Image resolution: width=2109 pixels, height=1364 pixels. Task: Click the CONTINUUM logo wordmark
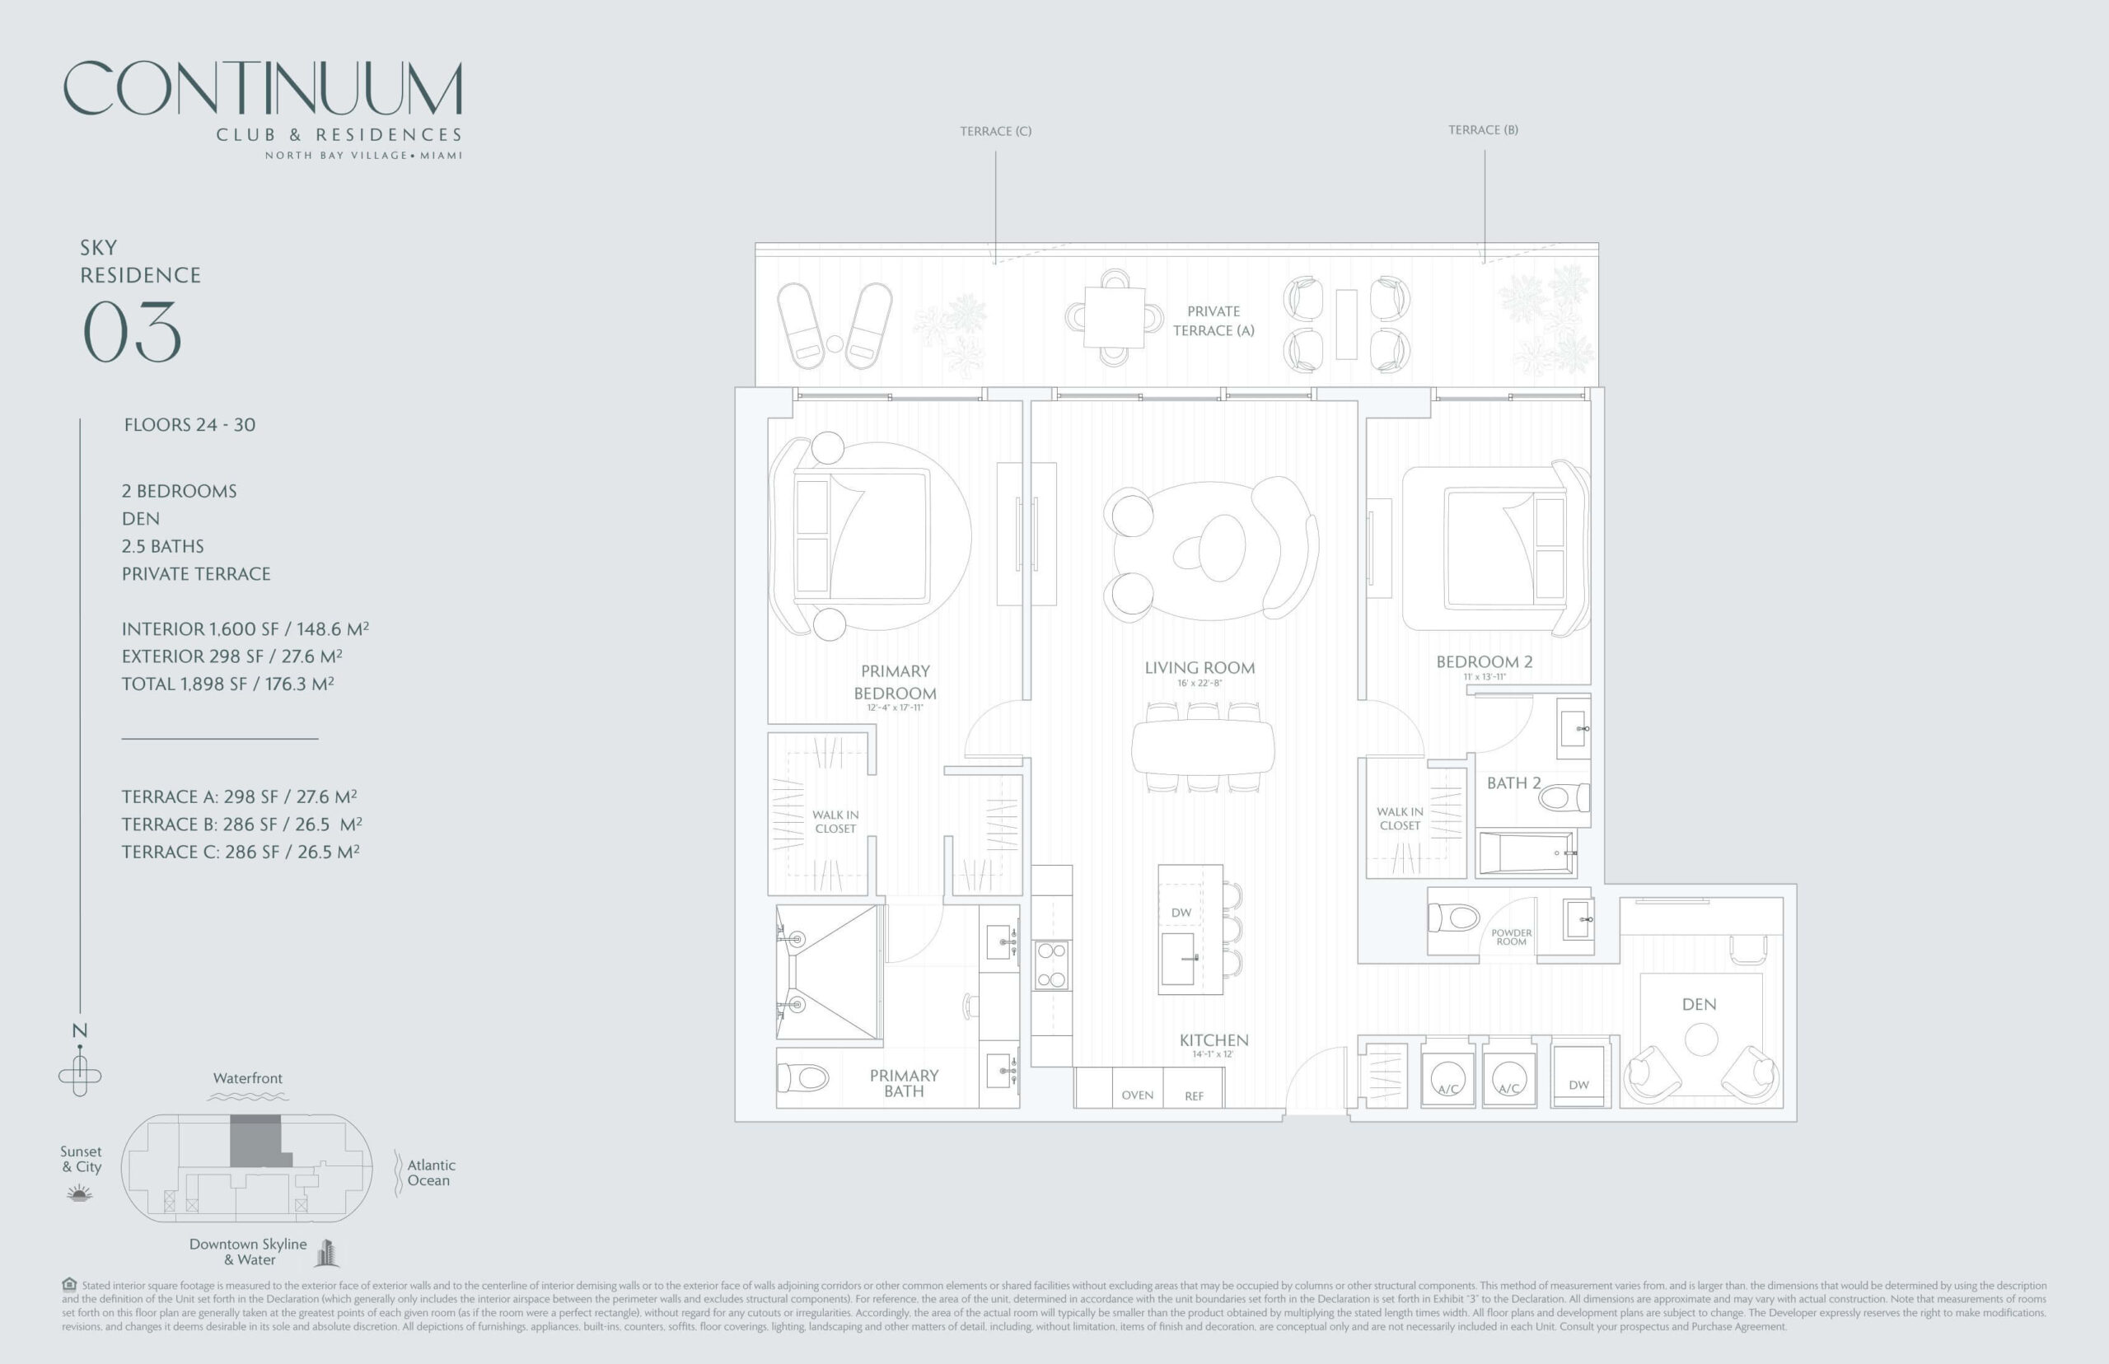262,89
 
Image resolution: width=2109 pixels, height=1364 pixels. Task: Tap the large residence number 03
132,332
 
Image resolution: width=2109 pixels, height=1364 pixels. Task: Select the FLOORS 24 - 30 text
189,425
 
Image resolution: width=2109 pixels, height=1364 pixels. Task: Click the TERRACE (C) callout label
996,131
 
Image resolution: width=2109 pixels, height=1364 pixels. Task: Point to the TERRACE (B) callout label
1483,130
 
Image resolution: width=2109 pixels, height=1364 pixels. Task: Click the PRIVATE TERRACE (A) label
1213,320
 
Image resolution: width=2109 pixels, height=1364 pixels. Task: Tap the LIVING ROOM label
1199,668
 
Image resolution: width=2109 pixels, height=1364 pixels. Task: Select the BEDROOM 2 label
1484,661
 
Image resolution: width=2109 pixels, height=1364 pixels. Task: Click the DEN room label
1699,1004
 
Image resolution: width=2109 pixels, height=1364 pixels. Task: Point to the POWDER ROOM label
1511,937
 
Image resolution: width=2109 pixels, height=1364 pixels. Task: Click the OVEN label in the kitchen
1138,1095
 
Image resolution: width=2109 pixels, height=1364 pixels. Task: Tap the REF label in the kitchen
1194,1096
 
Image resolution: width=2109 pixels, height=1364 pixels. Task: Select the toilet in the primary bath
802,1078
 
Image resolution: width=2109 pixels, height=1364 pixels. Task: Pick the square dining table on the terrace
1113,317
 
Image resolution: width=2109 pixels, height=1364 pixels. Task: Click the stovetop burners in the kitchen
1051,965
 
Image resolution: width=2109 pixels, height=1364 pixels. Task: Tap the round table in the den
1700,1039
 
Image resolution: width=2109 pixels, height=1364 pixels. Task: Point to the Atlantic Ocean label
431,1173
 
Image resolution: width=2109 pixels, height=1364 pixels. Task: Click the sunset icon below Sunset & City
80,1194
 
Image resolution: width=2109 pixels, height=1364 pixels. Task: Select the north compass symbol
80,1074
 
